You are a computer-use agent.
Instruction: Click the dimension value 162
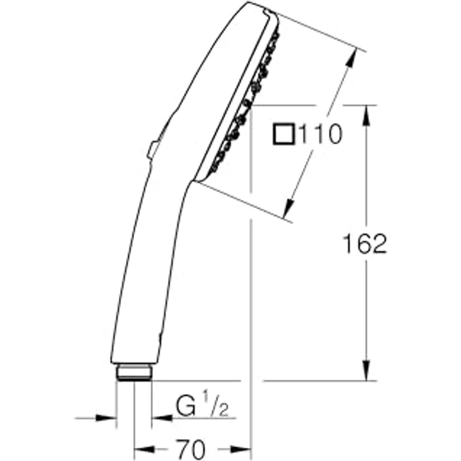365,244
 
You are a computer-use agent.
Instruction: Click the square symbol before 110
284,135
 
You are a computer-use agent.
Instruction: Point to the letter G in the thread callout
185,408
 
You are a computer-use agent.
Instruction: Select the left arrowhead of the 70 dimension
143,448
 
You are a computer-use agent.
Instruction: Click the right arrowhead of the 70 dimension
243,448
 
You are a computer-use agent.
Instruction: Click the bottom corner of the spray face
196,180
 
